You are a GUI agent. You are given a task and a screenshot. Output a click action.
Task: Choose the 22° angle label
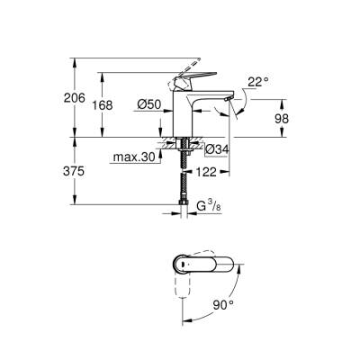[x=258, y=83]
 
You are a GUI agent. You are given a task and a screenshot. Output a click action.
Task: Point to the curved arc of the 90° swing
[x=237, y=297]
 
